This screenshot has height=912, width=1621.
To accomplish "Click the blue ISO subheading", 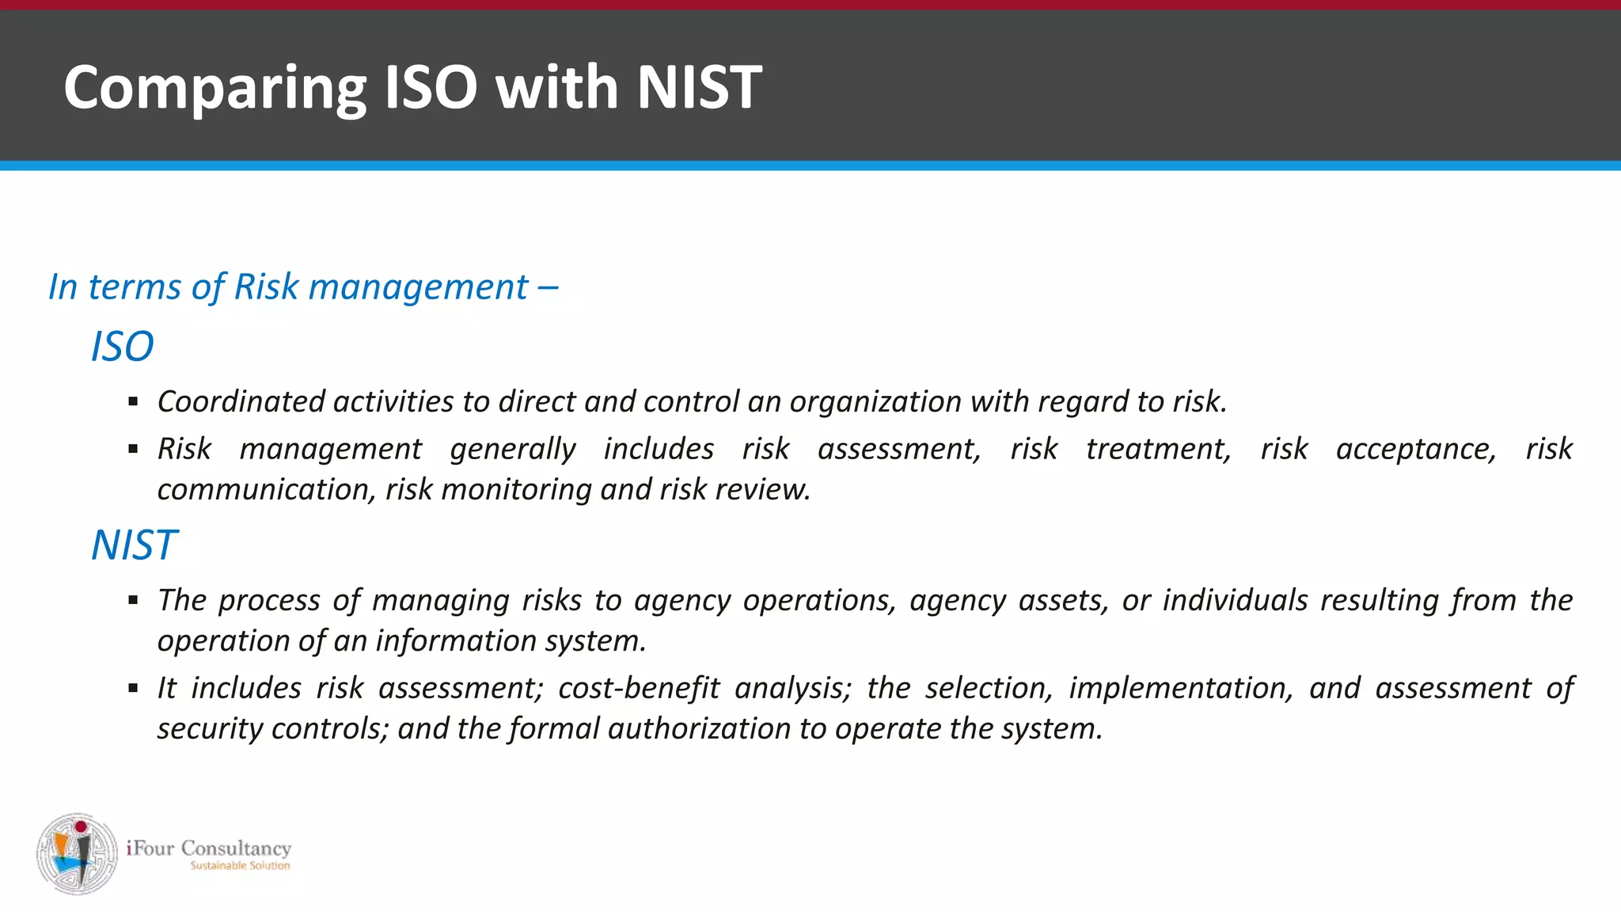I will [122, 347].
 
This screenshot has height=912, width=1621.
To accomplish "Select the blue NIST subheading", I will [134, 545].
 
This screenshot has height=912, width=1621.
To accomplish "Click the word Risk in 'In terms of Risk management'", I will [266, 287].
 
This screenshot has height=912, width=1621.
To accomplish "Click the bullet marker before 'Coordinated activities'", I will [133, 403].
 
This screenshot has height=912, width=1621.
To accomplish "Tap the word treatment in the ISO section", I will [1157, 450].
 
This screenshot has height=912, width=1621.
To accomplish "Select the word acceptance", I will [1415, 450].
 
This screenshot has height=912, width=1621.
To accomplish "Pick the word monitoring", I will [516, 490].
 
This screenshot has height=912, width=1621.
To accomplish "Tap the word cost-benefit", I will [638, 689].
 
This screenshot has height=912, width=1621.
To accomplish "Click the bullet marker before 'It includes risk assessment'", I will [133, 689].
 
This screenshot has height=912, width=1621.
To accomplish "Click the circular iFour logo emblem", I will [77, 853].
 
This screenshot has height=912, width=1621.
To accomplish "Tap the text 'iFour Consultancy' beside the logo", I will [208, 848].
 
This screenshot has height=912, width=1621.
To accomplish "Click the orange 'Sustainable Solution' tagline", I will [240, 866].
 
